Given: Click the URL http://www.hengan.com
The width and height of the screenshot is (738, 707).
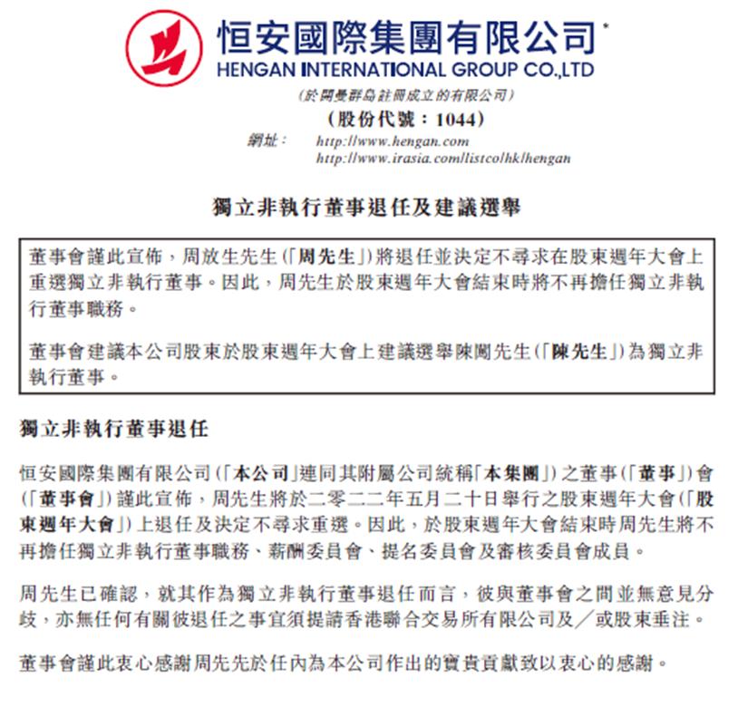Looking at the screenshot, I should pos(392,141).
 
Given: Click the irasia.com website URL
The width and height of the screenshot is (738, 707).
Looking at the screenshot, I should pos(442,158).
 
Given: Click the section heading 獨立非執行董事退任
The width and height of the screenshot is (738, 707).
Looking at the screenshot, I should pos(114,428).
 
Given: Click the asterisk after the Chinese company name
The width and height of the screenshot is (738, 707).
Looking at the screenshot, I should pos(606,24).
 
